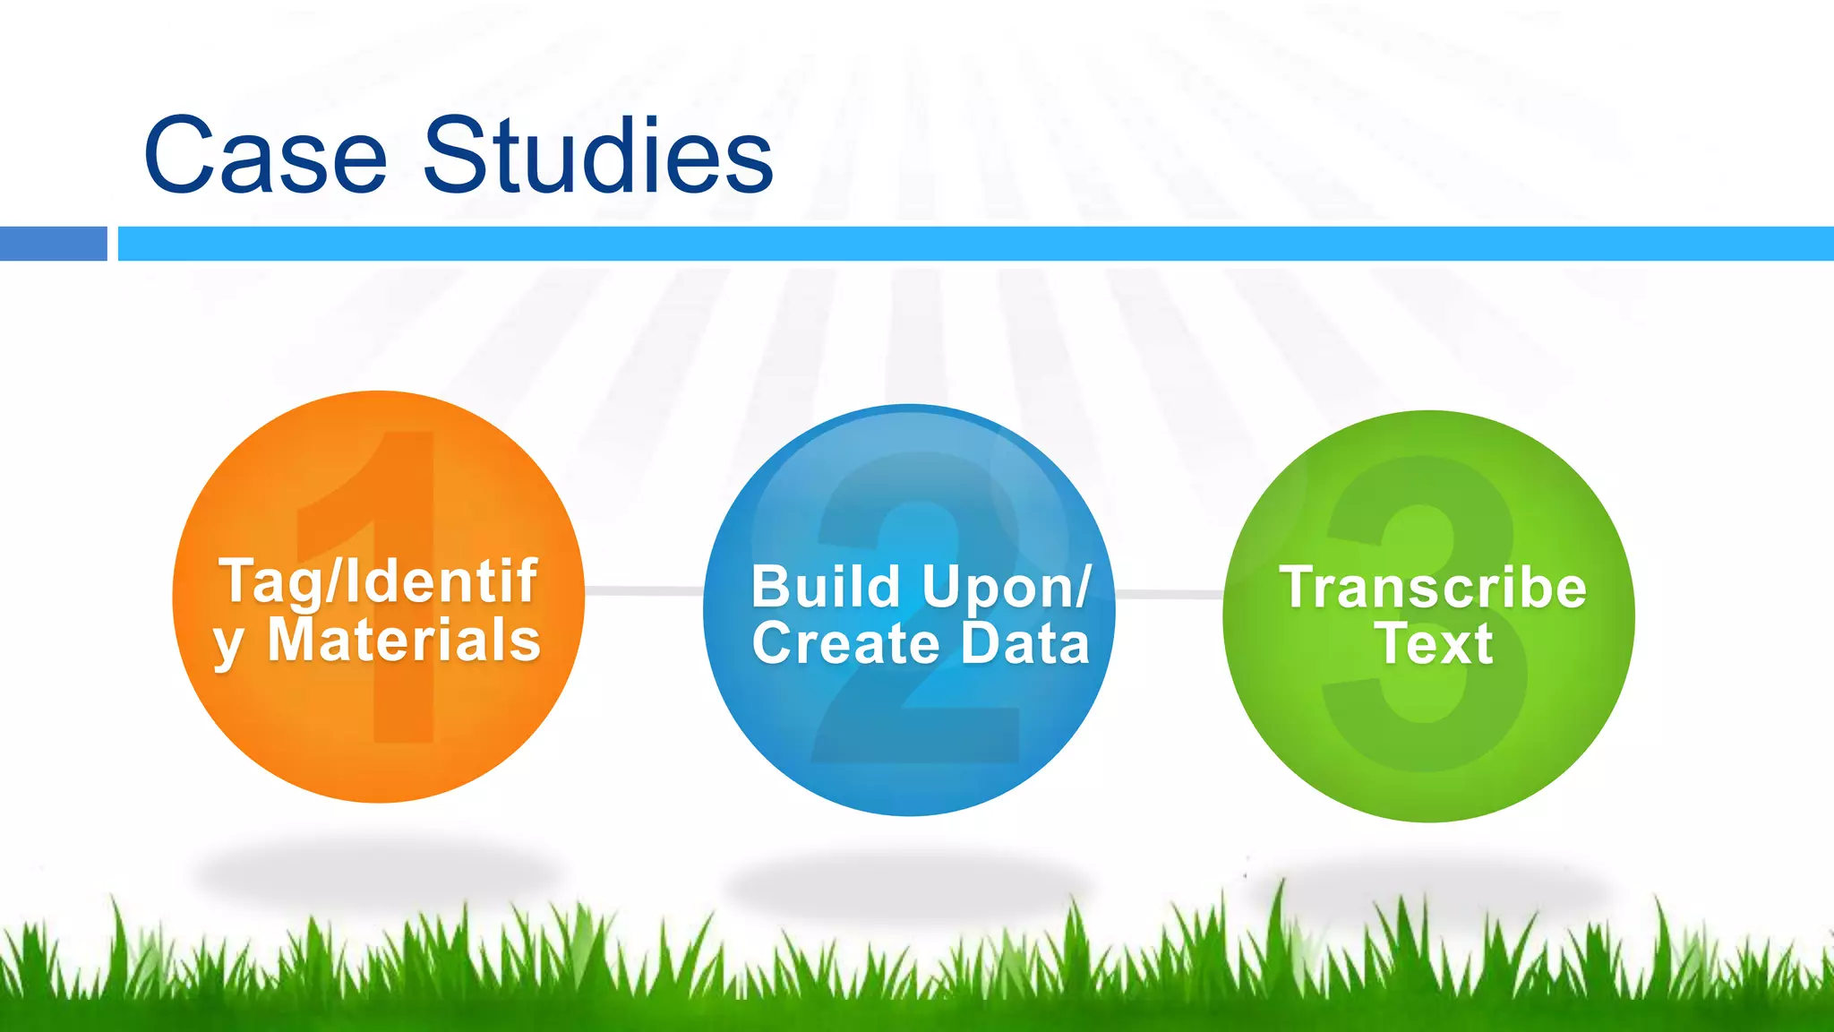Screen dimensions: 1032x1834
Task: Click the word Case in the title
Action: click(265, 156)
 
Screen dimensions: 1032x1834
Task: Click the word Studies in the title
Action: click(597, 156)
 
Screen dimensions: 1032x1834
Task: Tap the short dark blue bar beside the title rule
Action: click(53, 244)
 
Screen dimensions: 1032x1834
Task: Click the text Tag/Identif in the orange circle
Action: click(378, 582)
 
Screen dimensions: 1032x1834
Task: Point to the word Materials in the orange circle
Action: click(404, 641)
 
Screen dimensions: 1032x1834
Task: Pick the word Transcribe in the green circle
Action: click(1433, 588)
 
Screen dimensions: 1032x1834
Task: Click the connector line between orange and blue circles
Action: click(644, 590)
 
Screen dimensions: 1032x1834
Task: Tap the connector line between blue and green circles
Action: click(1169, 594)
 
